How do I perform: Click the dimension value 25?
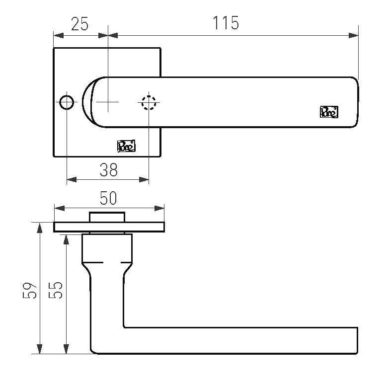[80, 24]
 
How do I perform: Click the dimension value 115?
[226, 23]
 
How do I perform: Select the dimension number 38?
[108, 170]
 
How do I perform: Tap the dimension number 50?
[108, 199]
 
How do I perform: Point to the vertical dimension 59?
[31, 291]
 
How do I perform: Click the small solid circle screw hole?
[66, 103]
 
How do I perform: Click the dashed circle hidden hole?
[149, 103]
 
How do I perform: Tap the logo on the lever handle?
[329, 112]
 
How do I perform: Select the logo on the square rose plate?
[126, 146]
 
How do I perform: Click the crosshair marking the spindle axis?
[107, 101]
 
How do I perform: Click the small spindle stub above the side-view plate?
[106, 217]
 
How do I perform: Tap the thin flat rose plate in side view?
[109, 227]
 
